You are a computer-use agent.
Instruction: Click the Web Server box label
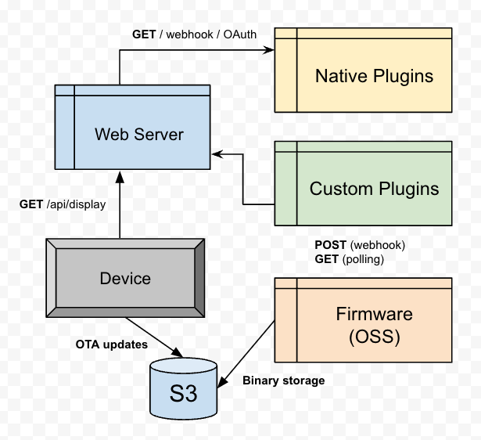(x=139, y=134)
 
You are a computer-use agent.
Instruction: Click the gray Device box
(x=125, y=279)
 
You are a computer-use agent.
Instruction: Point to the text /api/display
(x=76, y=204)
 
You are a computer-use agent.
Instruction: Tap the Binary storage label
(x=283, y=380)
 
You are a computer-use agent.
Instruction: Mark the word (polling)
(x=364, y=258)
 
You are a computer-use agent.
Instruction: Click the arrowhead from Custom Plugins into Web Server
(x=217, y=153)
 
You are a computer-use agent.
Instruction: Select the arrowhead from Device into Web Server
(x=119, y=175)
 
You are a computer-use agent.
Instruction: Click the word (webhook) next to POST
(x=379, y=245)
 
